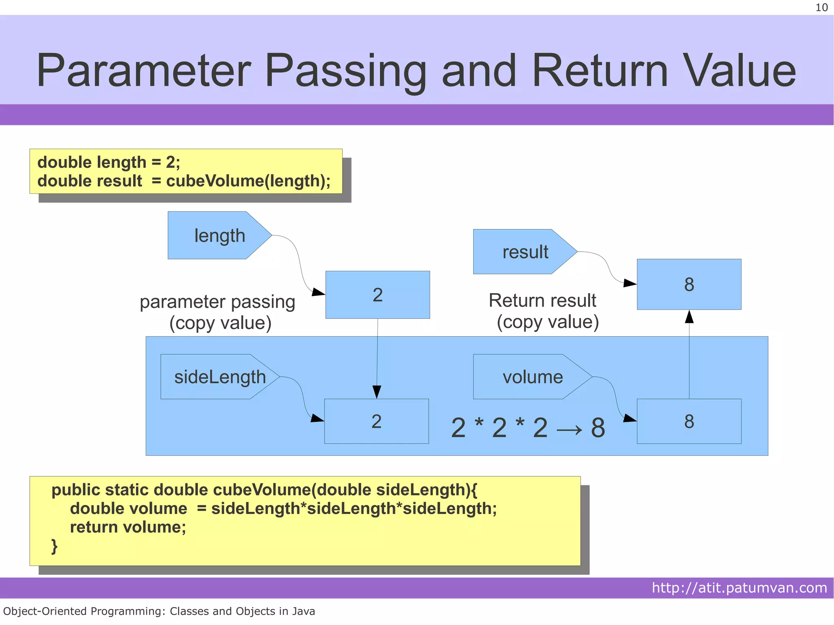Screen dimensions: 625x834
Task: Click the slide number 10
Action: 821,8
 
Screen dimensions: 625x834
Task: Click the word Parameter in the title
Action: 143,71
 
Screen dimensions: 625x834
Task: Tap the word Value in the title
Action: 739,71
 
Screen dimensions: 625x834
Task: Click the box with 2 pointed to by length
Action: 377,295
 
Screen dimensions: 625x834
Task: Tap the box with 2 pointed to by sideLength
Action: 376,421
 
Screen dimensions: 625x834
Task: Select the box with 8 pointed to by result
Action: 689,284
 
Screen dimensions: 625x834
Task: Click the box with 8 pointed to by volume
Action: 689,421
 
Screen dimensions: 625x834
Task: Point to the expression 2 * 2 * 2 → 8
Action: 528,428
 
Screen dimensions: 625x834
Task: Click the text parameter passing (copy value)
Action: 218,312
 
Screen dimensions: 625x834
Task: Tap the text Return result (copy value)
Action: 544,311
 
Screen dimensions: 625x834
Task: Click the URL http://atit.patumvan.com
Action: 739,588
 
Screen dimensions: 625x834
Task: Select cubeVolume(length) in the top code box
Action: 248,181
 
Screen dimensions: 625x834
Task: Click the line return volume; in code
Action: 128,527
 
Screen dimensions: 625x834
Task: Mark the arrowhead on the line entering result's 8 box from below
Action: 689,317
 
